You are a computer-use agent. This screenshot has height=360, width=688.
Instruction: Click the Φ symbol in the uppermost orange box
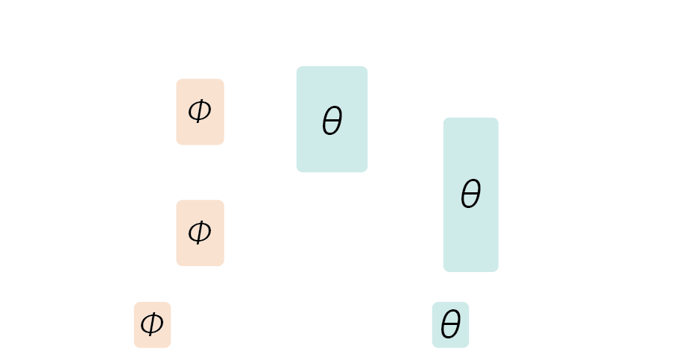click(x=199, y=112)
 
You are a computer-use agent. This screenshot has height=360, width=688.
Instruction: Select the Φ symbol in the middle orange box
click(x=199, y=233)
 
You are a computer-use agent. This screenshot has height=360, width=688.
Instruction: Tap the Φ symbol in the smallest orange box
click(x=151, y=324)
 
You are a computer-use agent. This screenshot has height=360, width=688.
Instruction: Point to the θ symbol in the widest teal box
click(x=332, y=121)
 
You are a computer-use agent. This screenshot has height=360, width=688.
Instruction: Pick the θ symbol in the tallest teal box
click(x=470, y=195)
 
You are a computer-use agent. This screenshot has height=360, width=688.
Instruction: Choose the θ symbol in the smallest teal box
click(x=450, y=326)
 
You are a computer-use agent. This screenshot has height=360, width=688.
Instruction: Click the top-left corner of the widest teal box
click(x=297, y=66)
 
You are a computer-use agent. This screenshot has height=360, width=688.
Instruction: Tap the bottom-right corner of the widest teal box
click(x=367, y=172)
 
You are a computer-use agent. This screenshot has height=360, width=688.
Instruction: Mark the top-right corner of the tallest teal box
click(x=498, y=118)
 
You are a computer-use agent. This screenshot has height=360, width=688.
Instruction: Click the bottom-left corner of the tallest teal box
click(x=444, y=271)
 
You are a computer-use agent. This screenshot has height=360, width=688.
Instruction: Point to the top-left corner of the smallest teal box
click(x=432, y=303)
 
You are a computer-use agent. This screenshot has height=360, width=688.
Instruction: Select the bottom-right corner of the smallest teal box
click(x=469, y=347)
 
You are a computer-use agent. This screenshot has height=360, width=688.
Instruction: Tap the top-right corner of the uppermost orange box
click(x=224, y=79)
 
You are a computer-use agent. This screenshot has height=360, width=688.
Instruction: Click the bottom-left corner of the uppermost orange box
click(x=177, y=145)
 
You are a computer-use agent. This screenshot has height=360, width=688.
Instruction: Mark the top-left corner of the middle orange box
click(x=177, y=200)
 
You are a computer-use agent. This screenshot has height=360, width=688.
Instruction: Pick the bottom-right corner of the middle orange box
click(x=224, y=265)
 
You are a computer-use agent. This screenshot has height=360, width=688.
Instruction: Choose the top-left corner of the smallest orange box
click(x=134, y=303)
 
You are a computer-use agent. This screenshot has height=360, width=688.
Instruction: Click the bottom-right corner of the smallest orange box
click(x=171, y=347)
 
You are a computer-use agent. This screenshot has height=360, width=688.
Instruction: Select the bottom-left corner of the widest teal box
click(x=297, y=172)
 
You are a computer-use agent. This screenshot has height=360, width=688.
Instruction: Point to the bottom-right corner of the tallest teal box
click(x=498, y=271)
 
